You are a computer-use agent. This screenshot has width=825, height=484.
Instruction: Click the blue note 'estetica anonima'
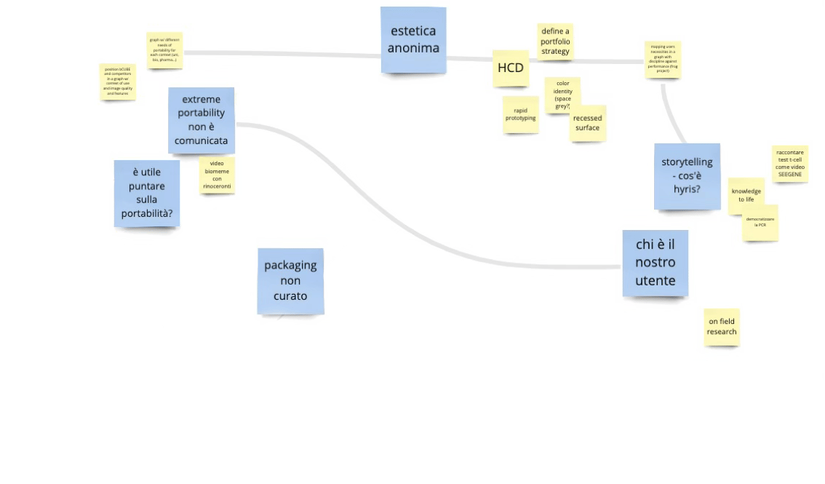[413, 40]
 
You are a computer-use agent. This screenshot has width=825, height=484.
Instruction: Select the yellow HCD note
[510, 68]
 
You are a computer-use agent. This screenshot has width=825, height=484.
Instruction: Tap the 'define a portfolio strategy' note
[555, 41]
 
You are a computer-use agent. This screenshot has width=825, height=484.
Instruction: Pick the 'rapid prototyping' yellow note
[520, 114]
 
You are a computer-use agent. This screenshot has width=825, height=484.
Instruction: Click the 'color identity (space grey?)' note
[562, 96]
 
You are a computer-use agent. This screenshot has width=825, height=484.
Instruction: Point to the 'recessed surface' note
[587, 123]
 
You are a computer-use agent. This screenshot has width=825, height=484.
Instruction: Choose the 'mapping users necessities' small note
[662, 56]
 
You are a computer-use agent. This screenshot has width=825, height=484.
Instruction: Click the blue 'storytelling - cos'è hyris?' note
[687, 175]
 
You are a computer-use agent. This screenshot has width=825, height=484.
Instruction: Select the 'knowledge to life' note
[746, 195]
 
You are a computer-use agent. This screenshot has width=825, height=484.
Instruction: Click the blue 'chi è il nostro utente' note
[655, 263]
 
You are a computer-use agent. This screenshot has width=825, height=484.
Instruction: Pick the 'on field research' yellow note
[722, 326]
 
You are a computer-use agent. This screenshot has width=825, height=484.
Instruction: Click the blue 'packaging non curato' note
[290, 280]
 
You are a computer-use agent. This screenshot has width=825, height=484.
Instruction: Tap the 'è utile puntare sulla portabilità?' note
[146, 192]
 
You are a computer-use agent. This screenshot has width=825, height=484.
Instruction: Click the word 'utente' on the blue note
[655, 281]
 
